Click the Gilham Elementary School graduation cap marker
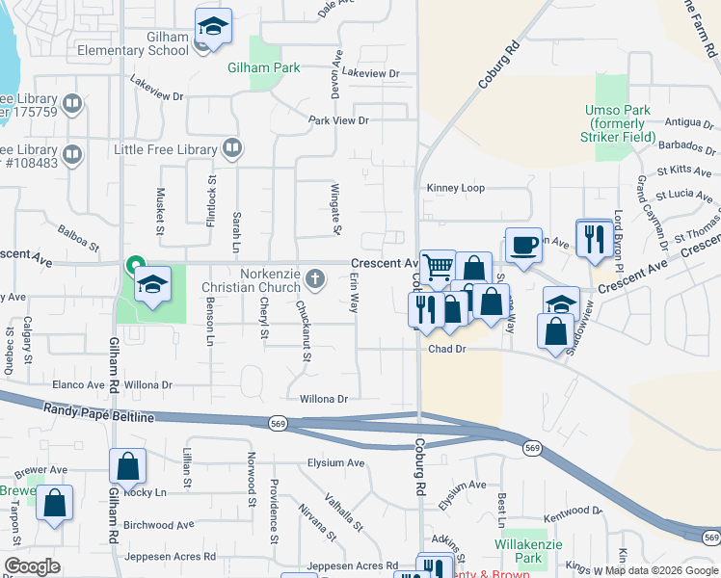[x=213, y=26]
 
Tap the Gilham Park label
[x=263, y=67]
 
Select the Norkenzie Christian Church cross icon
[x=314, y=279]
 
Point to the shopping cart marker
[x=438, y=267]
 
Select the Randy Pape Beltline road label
[x=98, y=413]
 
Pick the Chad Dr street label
[x=446, y=350]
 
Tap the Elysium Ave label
[x=335, y=462]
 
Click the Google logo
[x=32, y=566]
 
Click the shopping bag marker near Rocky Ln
[x=127, y=467]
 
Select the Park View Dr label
[x=338, y=120]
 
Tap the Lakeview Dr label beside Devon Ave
[x=370, y=73]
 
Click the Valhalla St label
[x=344, y=512]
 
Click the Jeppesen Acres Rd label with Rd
[x=352, y=566]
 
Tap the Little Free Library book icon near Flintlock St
[x=230, y=148]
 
